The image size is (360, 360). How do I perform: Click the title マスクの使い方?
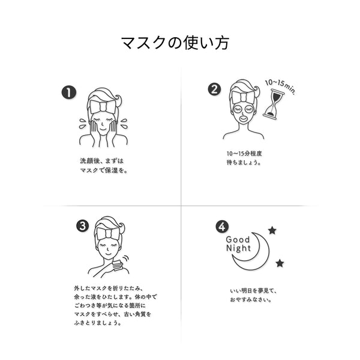coord(174,43)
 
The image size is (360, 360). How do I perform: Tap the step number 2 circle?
coord(214,89)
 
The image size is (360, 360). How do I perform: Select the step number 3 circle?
coord(83,226)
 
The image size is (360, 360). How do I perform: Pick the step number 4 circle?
coord(222,226)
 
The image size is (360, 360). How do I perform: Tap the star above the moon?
coord(272,230)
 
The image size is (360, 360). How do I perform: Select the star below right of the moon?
coord(280,263)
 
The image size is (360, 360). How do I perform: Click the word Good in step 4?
coord(237,239)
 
